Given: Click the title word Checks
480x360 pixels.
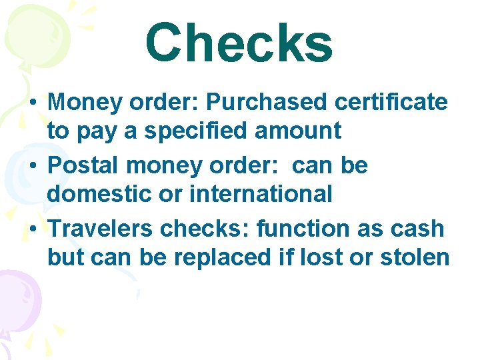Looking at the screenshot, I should [239, 43].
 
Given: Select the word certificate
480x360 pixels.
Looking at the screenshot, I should [393, 103].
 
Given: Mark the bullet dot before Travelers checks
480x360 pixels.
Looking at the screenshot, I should [33, 229].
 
